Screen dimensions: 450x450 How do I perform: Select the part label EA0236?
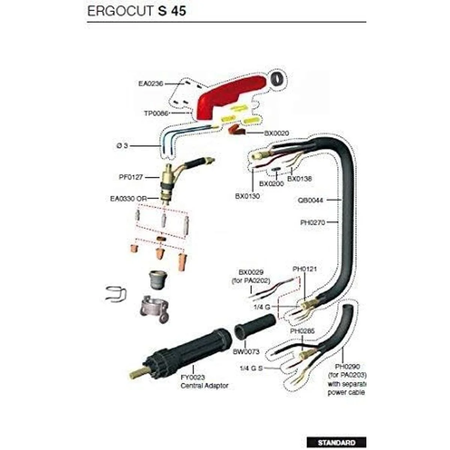pyautogui.click(x=151, y=84)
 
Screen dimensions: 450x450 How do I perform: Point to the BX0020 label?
pyautogui.click(x=277, y=133)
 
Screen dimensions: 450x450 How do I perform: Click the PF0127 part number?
pyautogui.click(x=131, y=177)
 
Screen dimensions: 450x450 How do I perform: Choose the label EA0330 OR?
pyautogui.click(x=129, y=198)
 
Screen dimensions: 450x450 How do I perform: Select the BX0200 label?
pyautogui.click(x=272, y=184)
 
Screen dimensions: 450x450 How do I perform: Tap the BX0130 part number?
pyautogui.click(x=247, y=196)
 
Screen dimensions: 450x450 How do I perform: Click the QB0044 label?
pyautogui.click(x=310, y=200)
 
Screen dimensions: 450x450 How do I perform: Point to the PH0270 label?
pyautogui.click(x=312, y=222)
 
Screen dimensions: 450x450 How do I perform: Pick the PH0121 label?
pyautogui.click(x=304, y=269)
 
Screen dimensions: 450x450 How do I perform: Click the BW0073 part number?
pyautogui.click(x=246, y=351)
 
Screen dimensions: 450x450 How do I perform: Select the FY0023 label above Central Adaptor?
pyautogui.click(x=193, y=378)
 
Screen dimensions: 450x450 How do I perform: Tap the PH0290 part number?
pyautogui.click(x=347, y=366)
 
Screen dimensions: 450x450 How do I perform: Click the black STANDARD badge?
pyautogui.click(x=336, y=442)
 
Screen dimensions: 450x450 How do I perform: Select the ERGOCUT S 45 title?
pyautogui.click(x=136, y=11)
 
